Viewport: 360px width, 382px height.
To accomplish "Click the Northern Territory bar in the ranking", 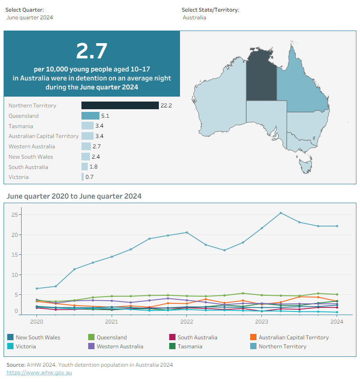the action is click(120, 106).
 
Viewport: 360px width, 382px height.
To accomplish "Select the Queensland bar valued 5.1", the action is click(90, 115).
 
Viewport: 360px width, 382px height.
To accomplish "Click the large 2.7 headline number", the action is click(92, 51).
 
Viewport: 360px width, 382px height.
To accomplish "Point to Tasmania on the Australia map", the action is click(306, 166).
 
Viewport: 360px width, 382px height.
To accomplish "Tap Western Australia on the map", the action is click(220, 102).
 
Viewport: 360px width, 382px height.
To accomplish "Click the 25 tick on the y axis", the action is click(15, 215).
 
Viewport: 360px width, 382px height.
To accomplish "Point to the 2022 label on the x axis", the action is click(187, 322).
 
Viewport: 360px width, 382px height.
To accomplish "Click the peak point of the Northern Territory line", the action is click(281, 213).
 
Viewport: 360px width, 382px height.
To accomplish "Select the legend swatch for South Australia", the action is click(172, 337).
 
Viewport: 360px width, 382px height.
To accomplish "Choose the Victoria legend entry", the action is click(22, 346).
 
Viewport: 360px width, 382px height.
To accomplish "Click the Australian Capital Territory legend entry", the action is click(289, 337).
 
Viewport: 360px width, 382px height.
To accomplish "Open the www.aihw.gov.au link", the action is click(39, 373).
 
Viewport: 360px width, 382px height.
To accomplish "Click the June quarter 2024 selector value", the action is click(30, 18).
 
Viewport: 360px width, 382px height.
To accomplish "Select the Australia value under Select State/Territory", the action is click(194, 18).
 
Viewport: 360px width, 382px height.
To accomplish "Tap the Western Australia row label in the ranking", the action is click(31, 147).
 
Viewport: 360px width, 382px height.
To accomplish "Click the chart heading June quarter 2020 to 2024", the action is click(74, 196).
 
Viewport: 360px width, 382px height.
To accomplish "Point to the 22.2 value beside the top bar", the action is click(166, 106).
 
